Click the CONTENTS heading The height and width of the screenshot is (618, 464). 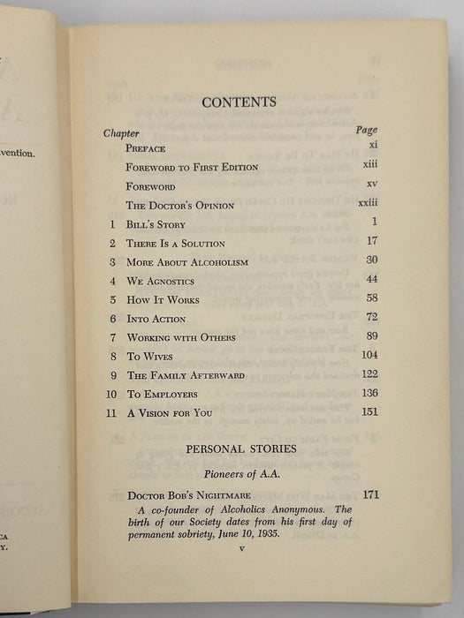(239, 102)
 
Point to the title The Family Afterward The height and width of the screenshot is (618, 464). (181, 375)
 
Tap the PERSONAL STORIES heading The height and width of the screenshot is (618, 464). (240, 448)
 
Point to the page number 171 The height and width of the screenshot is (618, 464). (369, 494)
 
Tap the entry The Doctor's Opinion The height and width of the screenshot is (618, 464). (180, 206)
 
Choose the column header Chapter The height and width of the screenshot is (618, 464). (122, 133)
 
